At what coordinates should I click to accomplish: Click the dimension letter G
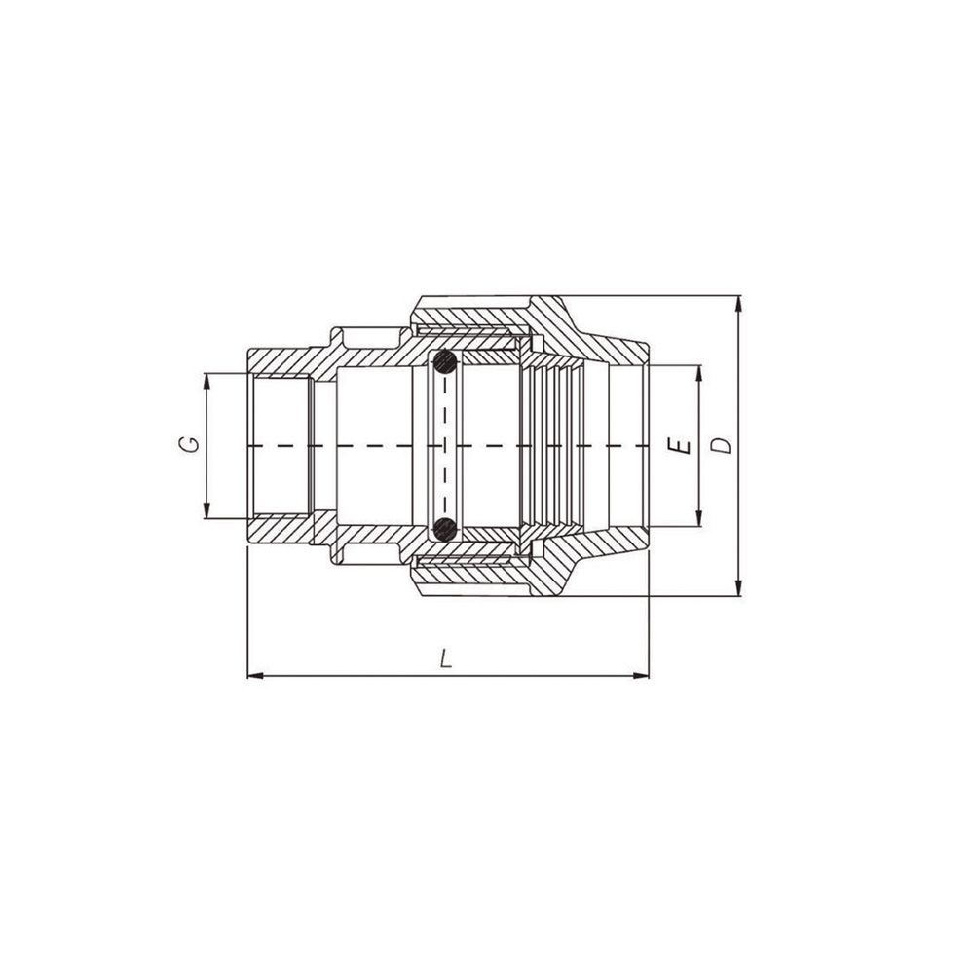point(193,444)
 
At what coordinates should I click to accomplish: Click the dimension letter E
point(683,445)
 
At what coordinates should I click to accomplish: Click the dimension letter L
point(446,659)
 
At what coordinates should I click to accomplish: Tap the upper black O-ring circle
point(445,362)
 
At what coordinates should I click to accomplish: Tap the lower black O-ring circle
point(445,529)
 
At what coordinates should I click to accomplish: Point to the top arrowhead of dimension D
point(738,304)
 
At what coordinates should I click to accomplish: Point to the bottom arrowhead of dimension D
point(738,587)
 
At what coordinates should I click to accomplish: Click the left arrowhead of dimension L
point(256,675)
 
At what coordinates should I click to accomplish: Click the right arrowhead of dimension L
point(641,675)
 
